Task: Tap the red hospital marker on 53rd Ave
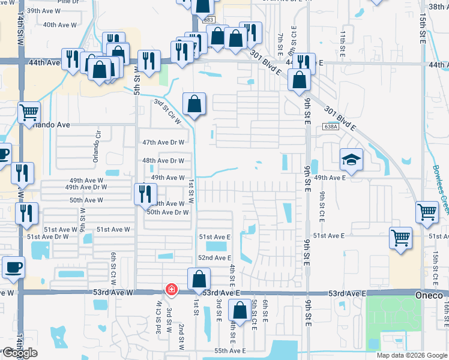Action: point(172,290)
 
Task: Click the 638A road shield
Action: point(331,127)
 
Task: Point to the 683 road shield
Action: point(208,20)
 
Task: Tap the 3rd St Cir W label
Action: point(167,112)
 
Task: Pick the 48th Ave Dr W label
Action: point(163,161)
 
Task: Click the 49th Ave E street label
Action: point(330,178)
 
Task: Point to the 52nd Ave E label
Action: point(215,257)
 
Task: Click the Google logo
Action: point(20,353)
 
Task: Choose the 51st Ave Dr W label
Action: point(47,237)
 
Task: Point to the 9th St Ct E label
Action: point(322,204)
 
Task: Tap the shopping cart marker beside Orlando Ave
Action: point(29,112)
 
